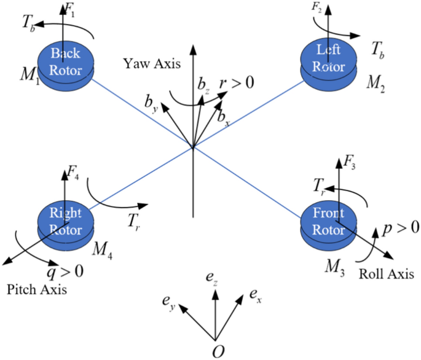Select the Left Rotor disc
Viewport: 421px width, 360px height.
327,59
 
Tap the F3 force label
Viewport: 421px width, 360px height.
350,163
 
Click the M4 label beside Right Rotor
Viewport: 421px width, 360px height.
102,248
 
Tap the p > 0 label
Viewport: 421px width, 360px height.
400,227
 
